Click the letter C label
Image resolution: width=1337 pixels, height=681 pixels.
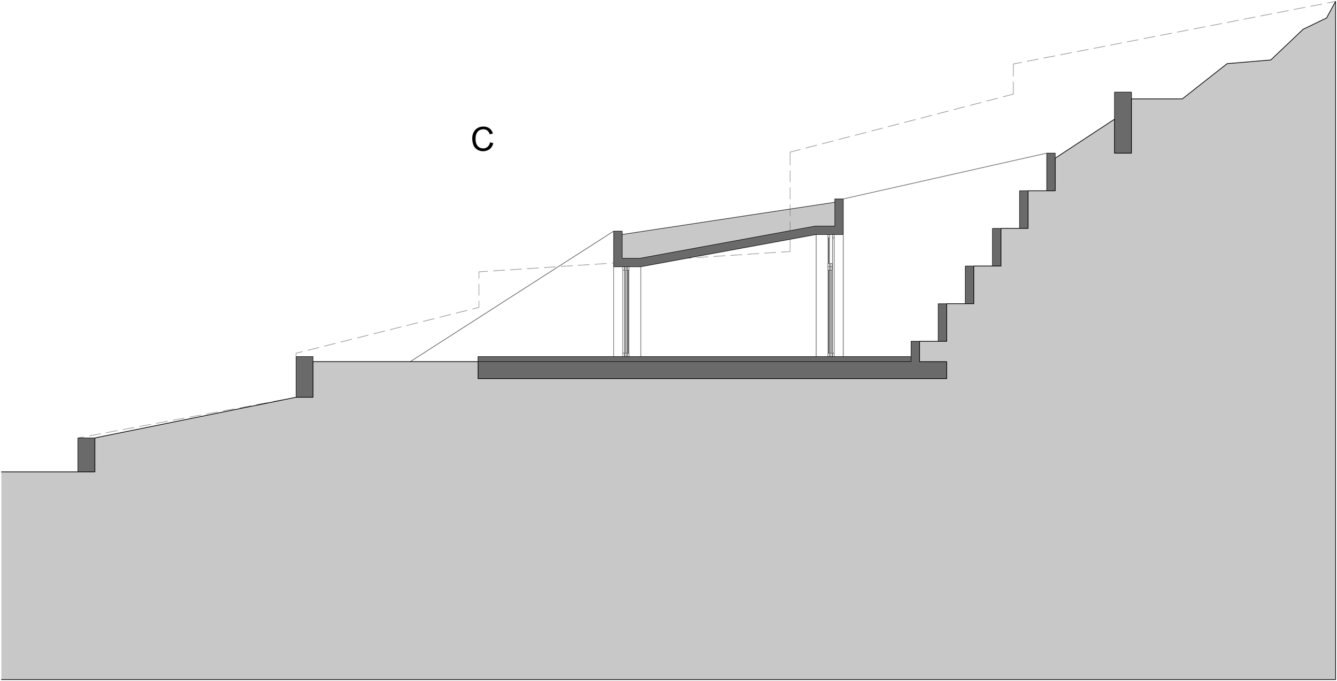482,140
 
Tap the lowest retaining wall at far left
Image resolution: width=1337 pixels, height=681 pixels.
86,455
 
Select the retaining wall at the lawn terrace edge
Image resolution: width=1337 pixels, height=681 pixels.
304,377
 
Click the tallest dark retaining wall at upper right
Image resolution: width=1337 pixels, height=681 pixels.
1123,123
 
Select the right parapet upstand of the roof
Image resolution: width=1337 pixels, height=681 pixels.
839,214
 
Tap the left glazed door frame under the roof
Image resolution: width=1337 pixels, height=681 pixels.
626,311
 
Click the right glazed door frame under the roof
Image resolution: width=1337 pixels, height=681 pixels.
830,295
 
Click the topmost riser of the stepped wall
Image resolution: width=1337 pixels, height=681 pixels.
1051,172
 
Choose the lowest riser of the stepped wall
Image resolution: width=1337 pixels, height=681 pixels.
915,351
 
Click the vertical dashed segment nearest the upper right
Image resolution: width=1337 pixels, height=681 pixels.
1013,79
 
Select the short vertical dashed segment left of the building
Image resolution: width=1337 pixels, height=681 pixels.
479,289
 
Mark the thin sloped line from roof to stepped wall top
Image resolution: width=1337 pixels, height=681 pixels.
944,176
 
